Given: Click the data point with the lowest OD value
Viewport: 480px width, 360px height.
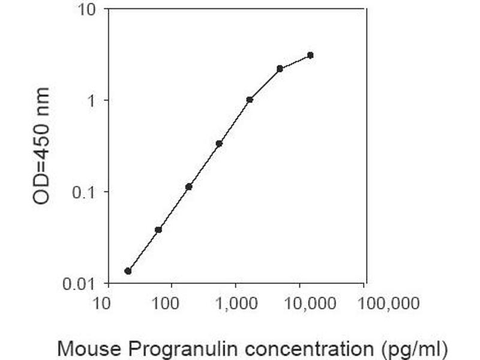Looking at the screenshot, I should [128, 271].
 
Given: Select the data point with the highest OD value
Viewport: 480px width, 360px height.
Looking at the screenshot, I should [310, 55].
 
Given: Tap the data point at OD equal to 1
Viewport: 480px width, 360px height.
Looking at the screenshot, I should [250, 100].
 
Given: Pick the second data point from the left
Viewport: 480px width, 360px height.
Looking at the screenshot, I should [158, 230].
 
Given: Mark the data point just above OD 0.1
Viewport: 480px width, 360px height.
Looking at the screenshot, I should [189, 187].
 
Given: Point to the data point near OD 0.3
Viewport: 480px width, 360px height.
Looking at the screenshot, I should [219, 143].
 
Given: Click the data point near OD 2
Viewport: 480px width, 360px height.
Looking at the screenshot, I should [280, 68].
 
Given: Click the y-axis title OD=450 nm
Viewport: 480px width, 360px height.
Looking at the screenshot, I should [41, 146].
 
